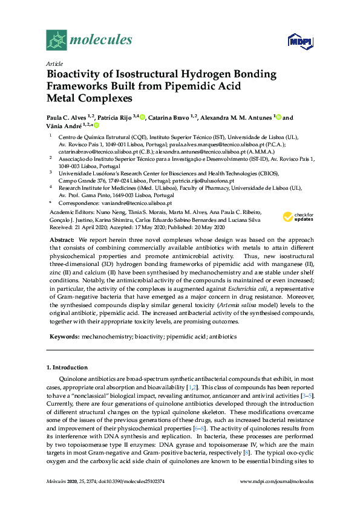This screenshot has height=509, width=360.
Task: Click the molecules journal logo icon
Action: click(x=56, y=41)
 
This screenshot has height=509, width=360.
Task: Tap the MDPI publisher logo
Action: click(x=298, y=41)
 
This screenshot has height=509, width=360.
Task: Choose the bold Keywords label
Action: click(x=64, y=336)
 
